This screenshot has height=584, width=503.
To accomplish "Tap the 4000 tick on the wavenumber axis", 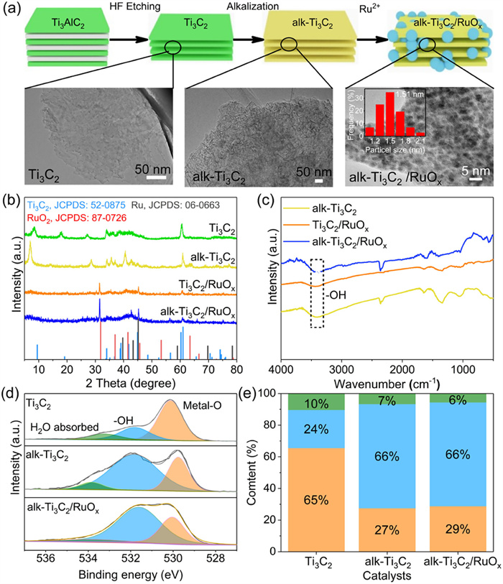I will coord(281,369).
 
